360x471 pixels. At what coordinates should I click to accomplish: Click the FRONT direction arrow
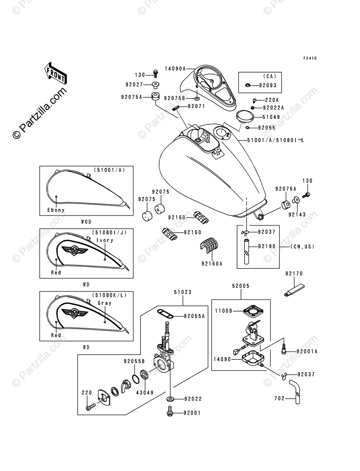coord(55,73)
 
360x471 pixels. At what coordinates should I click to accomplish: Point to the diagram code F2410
coord(309,58)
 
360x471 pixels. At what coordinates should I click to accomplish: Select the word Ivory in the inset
coord(105,240)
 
